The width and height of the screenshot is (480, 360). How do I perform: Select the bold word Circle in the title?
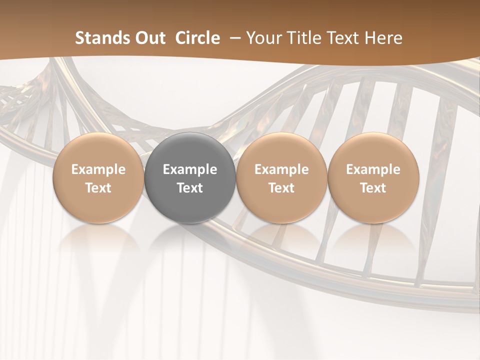[197, 38]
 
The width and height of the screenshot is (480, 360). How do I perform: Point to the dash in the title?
[233, 38]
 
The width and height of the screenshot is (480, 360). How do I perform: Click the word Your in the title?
[264, 38]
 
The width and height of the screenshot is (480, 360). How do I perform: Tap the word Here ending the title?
[383, 38]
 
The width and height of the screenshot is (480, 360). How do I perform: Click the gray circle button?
[190, 178]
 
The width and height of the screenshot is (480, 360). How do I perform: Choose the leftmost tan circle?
[98, 178]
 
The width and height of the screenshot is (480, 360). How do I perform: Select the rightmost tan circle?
[373, 178]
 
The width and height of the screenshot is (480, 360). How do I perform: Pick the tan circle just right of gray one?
[281, 178]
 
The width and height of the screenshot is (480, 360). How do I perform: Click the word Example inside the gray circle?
[190, 169]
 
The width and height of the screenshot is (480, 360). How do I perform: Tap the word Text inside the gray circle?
[190, 188]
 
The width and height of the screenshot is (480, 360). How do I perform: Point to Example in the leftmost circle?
[98, 169]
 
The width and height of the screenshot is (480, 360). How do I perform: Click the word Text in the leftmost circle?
[98, 188]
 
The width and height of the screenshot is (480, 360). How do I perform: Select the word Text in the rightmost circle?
[373, 188]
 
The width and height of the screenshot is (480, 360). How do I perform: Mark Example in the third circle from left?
[281, 169]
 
